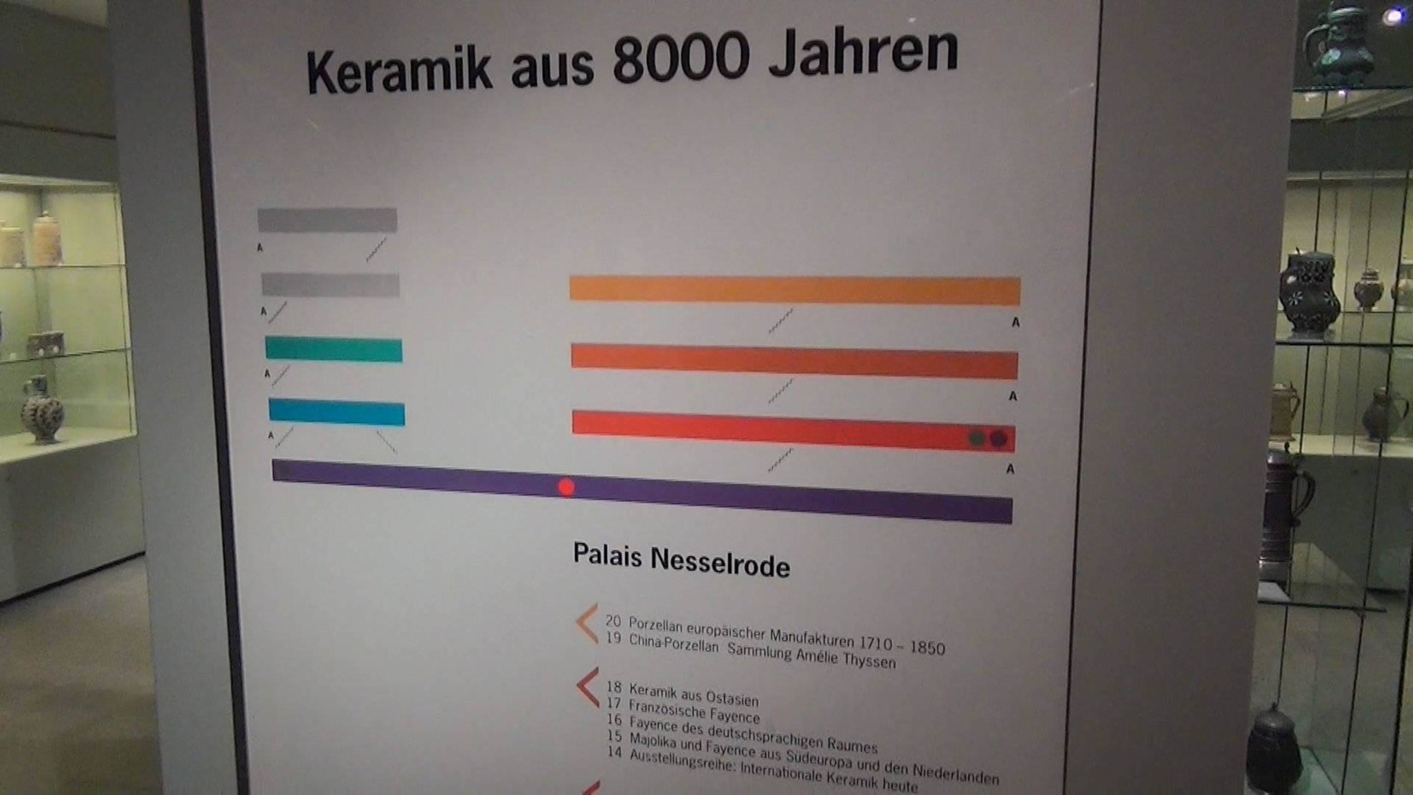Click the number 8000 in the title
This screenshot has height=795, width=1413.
tap(680, 57)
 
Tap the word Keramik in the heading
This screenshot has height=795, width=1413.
tap(399, 71)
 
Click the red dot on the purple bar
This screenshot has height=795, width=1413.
tap(566, 487)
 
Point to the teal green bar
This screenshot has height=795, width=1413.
tap(334, 349)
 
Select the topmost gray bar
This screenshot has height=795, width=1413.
tap(327, 219)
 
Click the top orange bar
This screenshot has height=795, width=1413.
tap(795, 291)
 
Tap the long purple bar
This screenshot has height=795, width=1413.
tap(642, 492)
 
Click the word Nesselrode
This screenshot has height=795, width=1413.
tap(720, 563)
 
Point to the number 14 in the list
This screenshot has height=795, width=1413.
tap(615, 752)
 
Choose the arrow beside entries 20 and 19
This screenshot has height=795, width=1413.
tap(587, 623)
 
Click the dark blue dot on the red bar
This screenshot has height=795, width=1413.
tap(998, 439)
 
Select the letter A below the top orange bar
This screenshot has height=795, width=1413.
tap(1015, 322)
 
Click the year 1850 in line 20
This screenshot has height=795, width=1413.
tap(927, 647)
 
